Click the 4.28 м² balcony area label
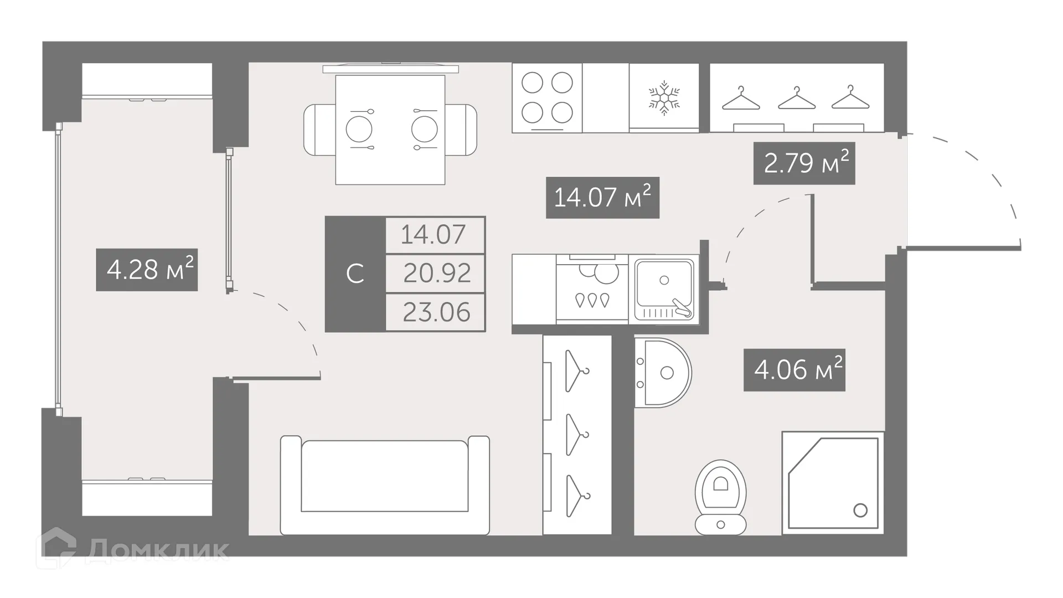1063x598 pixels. pos(147,270)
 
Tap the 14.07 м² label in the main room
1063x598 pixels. pos(602,198)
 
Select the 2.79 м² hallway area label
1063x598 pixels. pos(804,163)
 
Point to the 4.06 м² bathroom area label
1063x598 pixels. pos(794,370)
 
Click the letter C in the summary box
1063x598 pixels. pos(355,274)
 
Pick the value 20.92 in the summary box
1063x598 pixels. pos(436,273)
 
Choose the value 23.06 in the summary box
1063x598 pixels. pos(436,312)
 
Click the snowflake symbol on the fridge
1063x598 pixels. pos(664,99)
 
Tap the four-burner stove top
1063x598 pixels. pos(547,98)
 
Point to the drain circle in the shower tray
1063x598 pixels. pos(860,510)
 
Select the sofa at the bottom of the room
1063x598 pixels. pos(385,484)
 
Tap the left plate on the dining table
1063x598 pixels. pos(359,129)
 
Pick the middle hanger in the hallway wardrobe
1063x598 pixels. pos(797,99)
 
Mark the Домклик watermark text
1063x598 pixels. pos(157,550)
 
